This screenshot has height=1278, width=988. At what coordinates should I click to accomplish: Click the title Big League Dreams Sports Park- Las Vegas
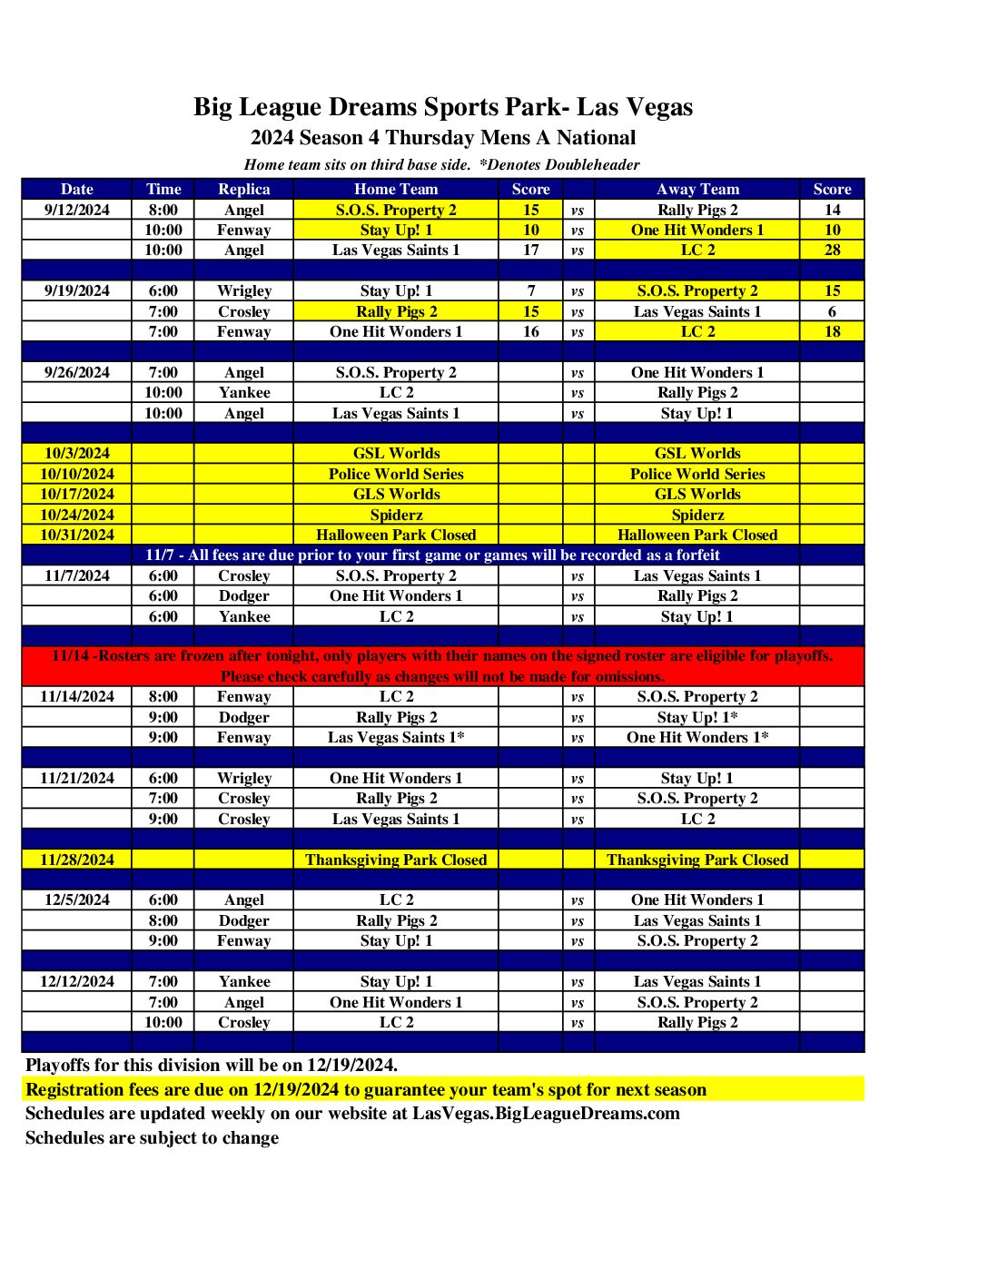(442, 107)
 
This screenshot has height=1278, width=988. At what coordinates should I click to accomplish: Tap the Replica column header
(243, 189)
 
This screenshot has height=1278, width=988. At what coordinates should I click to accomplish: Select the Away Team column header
(697, 189)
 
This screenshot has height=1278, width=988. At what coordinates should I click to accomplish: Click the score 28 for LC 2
(832, 250)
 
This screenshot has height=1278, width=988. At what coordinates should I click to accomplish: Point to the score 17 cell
(530, 250)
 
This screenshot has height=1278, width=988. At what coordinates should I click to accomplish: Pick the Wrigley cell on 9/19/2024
(243, 290)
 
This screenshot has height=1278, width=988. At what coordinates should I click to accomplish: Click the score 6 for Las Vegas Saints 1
(832, 311)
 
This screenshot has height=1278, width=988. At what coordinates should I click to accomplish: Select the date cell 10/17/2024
(77, 494)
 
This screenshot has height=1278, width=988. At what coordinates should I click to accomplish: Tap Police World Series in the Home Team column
(396, 474)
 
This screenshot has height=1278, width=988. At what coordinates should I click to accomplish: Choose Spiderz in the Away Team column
(697, 515)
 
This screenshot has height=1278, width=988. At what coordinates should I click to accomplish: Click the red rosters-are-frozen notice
(442, 665)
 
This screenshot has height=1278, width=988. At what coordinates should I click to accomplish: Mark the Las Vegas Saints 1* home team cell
(396, 737)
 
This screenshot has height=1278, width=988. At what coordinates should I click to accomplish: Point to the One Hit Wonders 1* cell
(697, 737)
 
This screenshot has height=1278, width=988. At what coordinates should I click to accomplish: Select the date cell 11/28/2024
(77, 860)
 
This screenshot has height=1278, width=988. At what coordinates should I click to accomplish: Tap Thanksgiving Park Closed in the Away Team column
(697, 860)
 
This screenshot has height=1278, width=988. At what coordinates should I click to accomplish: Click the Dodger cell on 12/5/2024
(243, 920)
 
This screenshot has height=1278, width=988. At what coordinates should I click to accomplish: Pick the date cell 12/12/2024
(77, 981)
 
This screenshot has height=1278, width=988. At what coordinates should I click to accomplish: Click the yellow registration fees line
(365, 1089)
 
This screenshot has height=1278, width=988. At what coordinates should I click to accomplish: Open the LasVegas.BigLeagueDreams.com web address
(546, 1114)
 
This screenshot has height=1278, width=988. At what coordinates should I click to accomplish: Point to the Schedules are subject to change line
(152, 1138)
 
